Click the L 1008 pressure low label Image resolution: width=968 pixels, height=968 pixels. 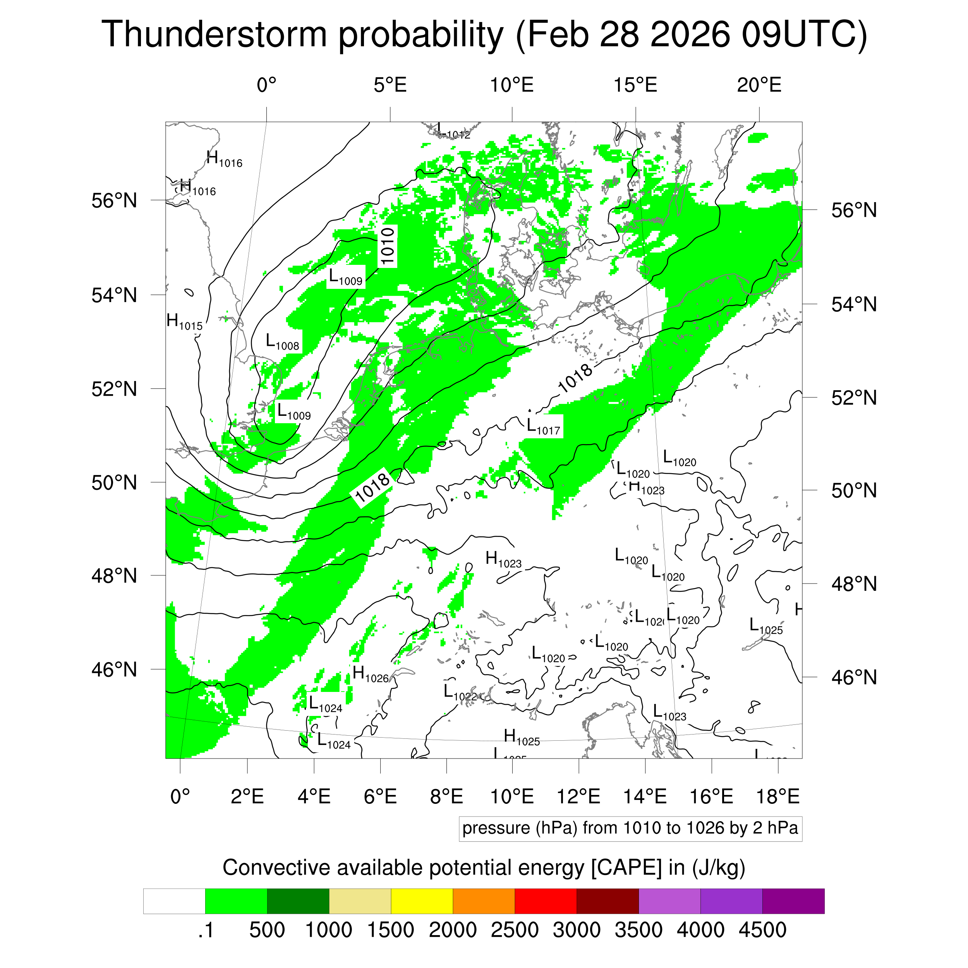pyautogui.click(x=282, y=343)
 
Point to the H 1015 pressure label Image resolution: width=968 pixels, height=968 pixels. pyautogui.click(x=184, y=322)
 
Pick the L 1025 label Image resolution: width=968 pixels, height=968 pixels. pyautogui.click(x=765, y=626)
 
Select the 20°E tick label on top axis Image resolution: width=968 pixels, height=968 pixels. pyautogui.click(x=759, y=85)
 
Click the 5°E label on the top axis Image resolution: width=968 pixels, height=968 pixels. pyautogui.click(x=390, y=85)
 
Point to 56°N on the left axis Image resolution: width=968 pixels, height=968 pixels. pyautogui.click(x=114, y=201)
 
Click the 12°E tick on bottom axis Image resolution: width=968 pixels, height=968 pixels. pyautogui.click(x=579, y=796)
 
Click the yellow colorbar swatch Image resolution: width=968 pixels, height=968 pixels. pyautogui.click(x=422, y=901)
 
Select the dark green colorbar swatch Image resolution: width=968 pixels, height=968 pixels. pyautogui.click(x=298, y=901)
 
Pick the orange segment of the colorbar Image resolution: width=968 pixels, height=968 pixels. pyautogui.click(x=484, y=901)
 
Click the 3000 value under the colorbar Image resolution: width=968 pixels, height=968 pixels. pyautogui.click(x=576, y=930)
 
